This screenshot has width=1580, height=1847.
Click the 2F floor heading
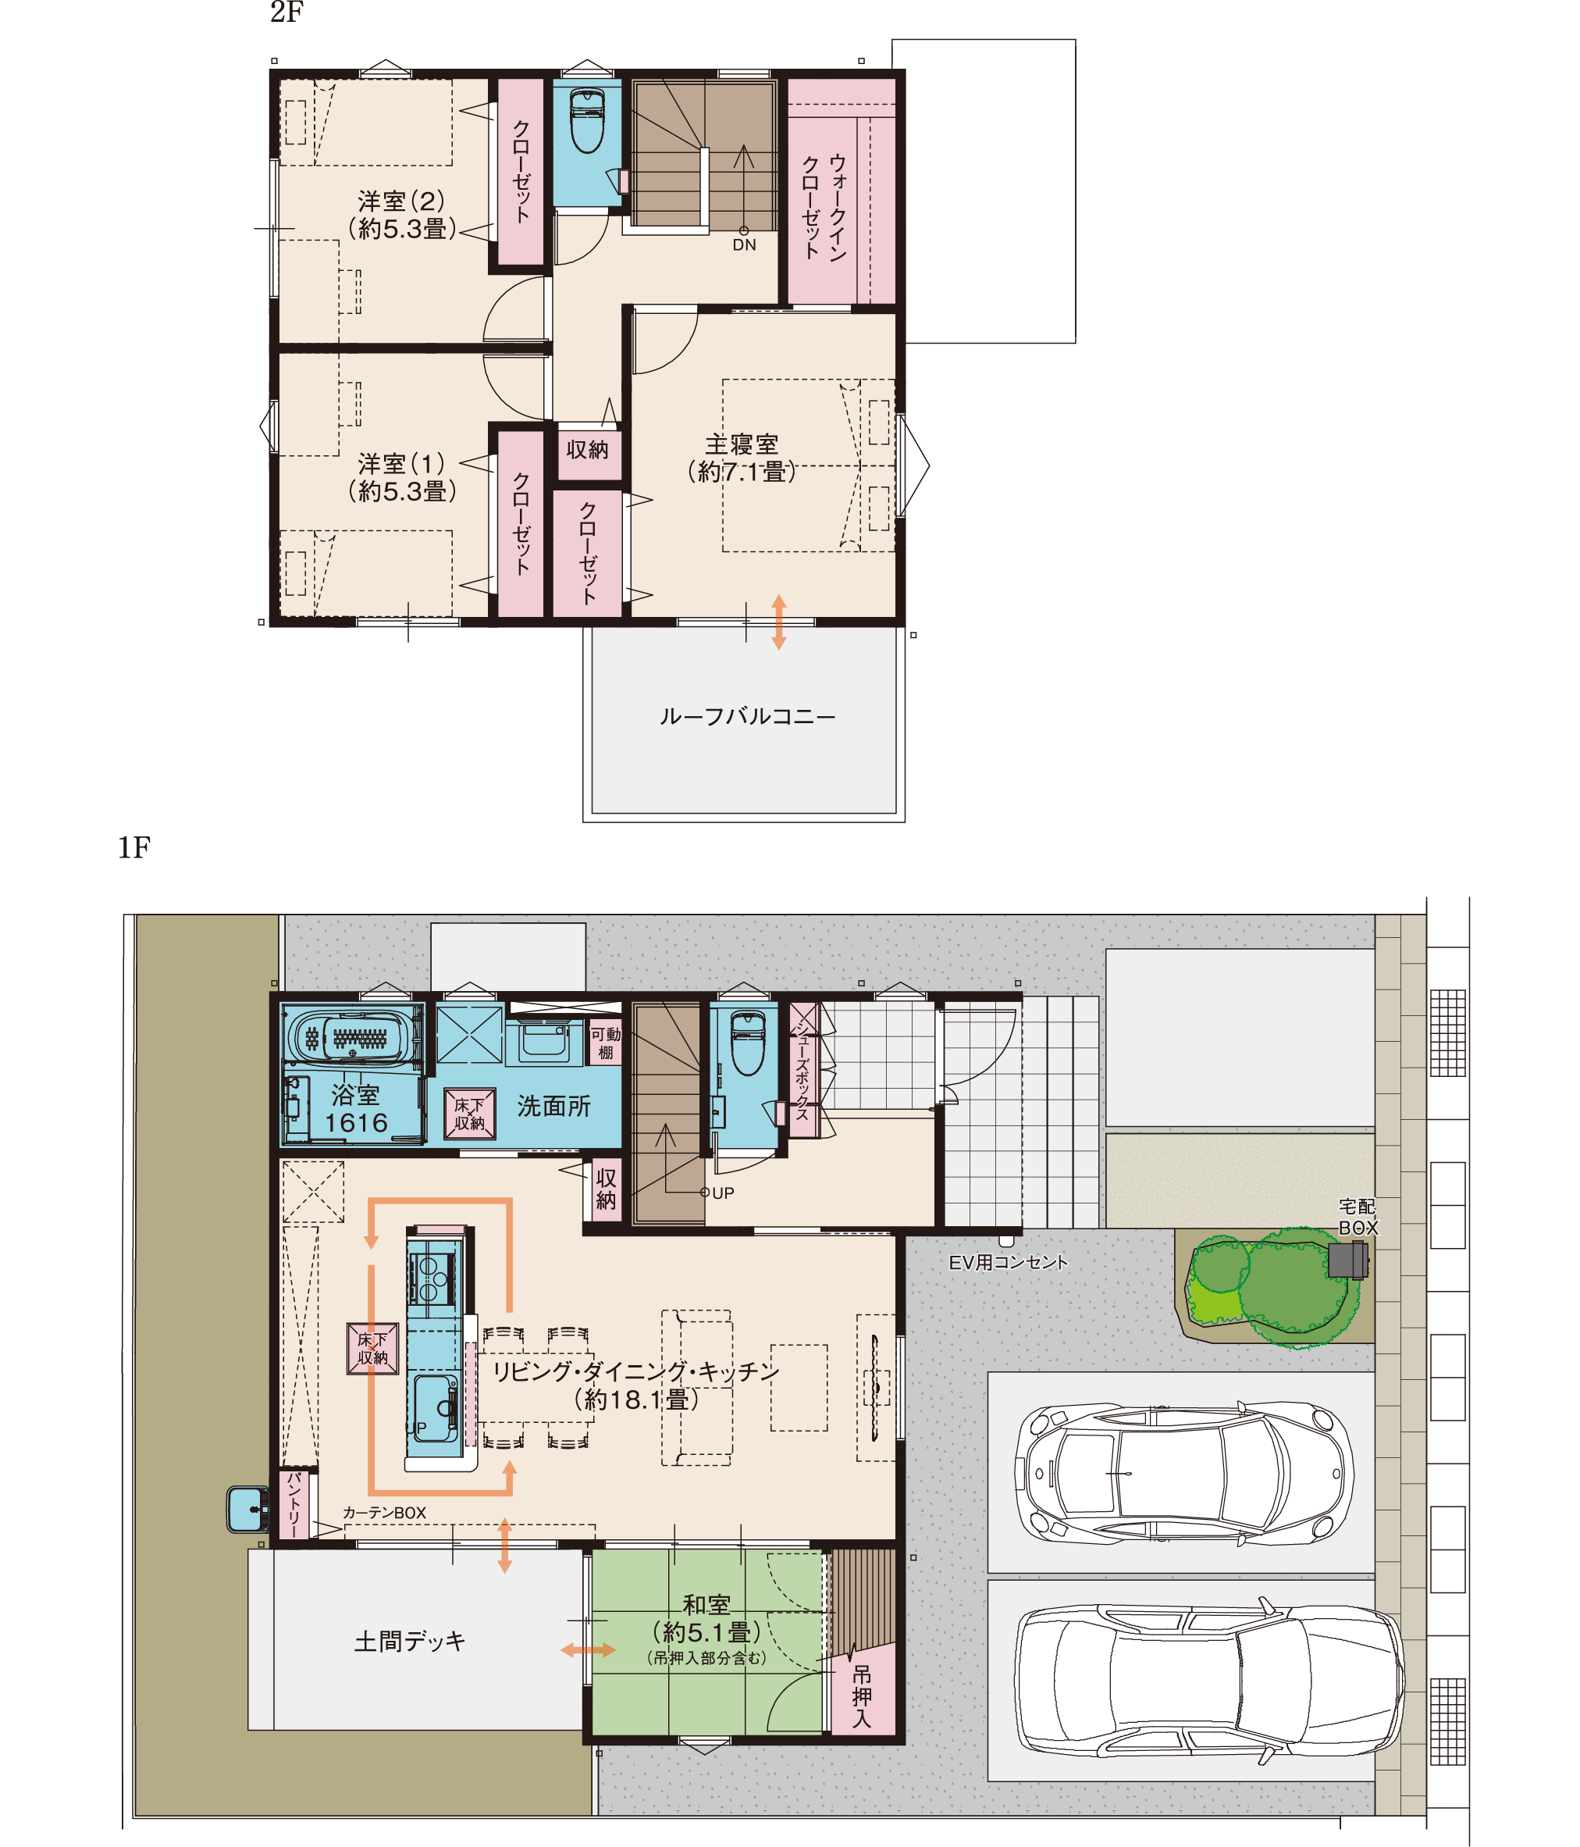(287, 12)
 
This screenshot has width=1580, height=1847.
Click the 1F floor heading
(133, 847)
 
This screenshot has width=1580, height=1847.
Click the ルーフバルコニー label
(747, 717)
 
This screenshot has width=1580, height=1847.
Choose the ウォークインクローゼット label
(824, 207)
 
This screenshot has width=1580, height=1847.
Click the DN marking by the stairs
(744, 245)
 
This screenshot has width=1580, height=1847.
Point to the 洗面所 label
(553, 1106)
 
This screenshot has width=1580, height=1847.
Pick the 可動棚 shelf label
(606, 1043)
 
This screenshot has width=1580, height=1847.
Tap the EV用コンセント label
(1008, 1262)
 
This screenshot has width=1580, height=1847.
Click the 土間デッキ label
(410, 1641)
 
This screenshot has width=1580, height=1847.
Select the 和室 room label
(706, 1603)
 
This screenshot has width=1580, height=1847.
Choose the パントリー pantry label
(294, 1505)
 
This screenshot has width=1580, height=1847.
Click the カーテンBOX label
(384, 1513)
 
